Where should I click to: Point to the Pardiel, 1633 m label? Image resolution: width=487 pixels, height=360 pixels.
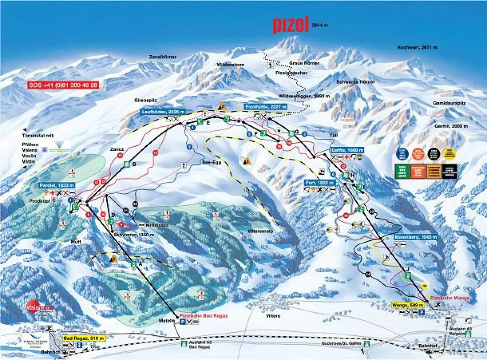[x=57, y=185]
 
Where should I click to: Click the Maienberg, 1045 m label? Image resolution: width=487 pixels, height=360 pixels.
[x=415, y=237]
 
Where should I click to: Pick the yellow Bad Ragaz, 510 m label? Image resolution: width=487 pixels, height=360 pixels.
[x=84, y=338]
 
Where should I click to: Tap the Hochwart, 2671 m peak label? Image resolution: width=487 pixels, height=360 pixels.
[x=417, y=47]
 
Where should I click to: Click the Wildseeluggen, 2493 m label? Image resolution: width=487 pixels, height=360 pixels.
[x=301, y=96]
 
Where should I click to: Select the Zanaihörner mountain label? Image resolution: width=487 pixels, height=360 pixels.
[x=162, y=57]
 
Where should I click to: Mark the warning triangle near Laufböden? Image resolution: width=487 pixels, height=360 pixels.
[x=222, y=106]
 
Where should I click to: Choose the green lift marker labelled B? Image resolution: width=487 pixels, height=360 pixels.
[x=127, y=164]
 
